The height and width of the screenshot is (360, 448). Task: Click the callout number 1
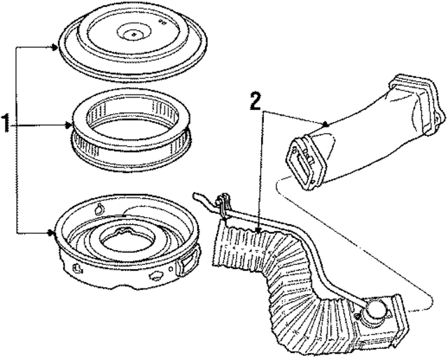coord(6,126)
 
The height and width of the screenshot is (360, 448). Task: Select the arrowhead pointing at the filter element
coord(70,126)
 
